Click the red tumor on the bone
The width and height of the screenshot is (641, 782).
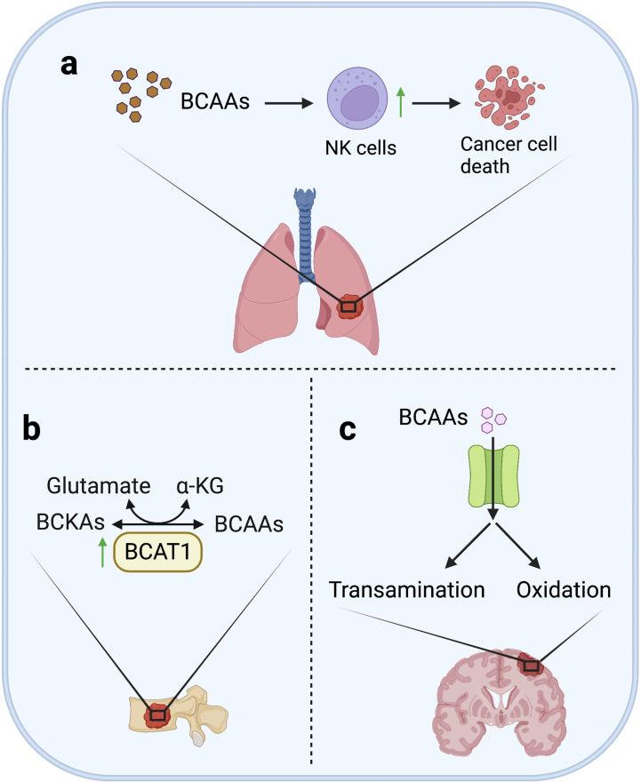[x=157, y=714]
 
